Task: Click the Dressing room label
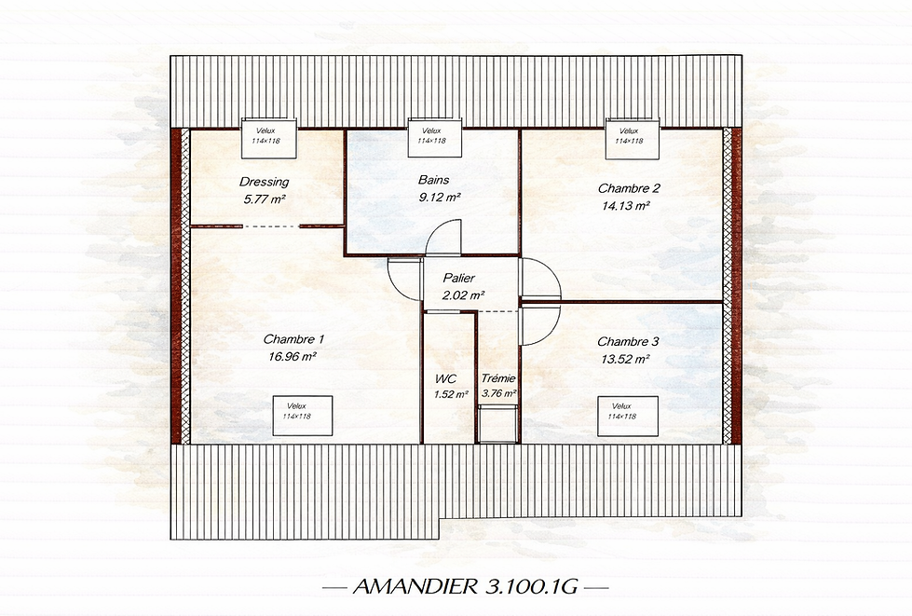[265, 182]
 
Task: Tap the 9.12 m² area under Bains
[441, 197]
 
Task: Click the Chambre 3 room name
[623, 341]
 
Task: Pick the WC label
[445, 378]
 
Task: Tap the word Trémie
[498, 378]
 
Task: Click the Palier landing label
[459, 278]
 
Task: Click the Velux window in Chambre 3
[621, 411]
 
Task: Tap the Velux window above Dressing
[270, 136]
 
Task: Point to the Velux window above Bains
[431, 136]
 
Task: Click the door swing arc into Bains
[443, 236]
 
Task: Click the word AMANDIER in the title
[415, 588]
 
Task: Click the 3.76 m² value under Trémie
[499, 394]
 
